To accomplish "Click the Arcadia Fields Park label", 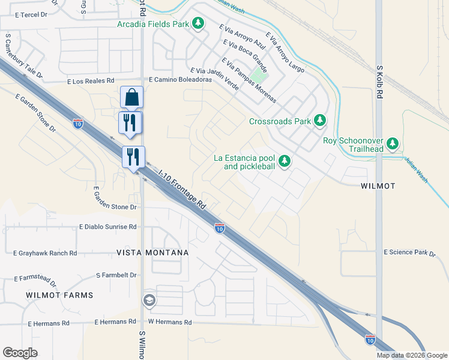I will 153,24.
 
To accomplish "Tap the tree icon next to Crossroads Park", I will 320,121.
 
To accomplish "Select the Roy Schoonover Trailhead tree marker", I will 393,143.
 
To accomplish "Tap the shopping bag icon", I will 131,97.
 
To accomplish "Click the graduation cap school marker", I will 149,300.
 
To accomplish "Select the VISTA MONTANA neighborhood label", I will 152,253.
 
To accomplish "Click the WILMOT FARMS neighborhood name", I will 59,295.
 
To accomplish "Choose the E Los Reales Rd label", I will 91,80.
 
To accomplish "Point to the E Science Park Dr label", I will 409,253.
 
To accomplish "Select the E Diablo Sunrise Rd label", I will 108,227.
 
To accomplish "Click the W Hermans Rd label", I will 170,322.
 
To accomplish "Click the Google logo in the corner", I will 20,353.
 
